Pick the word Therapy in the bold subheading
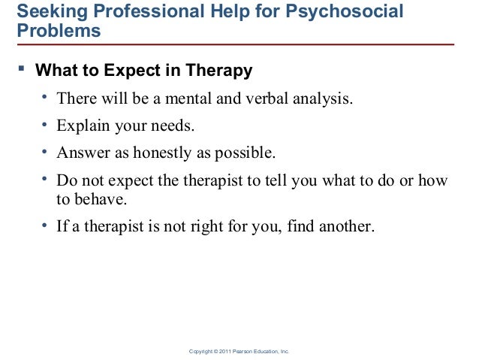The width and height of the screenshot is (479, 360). click(222, 72)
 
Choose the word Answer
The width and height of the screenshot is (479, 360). click(82, 154)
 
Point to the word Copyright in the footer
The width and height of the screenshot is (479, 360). click(205, 351)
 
